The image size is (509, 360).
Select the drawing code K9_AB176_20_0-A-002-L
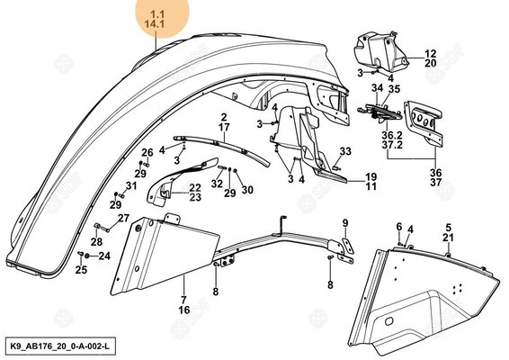60,346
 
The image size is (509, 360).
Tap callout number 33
345,151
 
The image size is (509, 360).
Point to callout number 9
345,223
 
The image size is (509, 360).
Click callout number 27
123,218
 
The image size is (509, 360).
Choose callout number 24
104,256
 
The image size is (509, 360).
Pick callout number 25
81,270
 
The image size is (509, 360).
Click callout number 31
131,186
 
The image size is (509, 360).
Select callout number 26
147,152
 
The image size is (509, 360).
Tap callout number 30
247,190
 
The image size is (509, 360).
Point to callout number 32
217,184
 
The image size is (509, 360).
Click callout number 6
399,227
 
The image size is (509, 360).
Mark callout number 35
394,89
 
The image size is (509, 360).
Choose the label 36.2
392,135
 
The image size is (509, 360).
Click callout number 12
431,54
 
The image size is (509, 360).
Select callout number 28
96,242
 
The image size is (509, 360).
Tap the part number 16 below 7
184,310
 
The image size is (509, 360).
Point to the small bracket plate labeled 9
347,247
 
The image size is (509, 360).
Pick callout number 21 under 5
448,238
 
